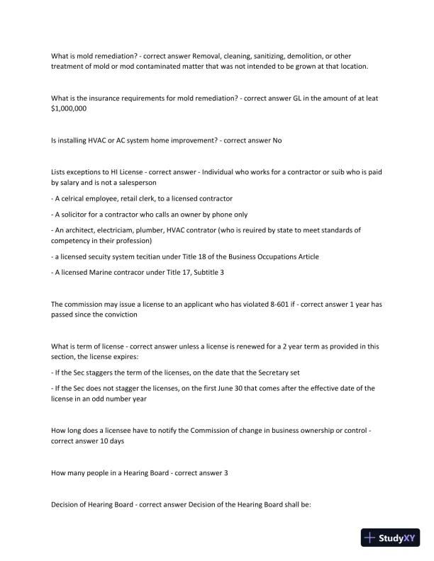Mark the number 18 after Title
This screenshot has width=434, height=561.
[x=209, y=256]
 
